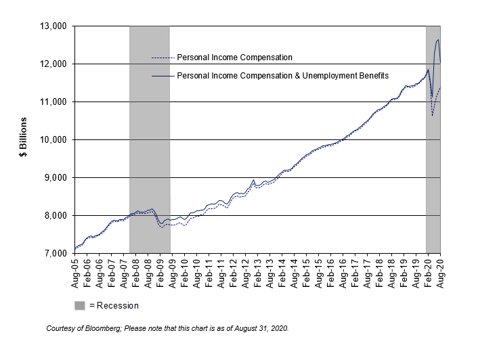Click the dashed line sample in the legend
[x=162, y=58]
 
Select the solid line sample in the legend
[x=162, y=76]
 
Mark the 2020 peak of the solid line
[x=438, y=40]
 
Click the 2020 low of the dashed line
[x=432, y=115]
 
